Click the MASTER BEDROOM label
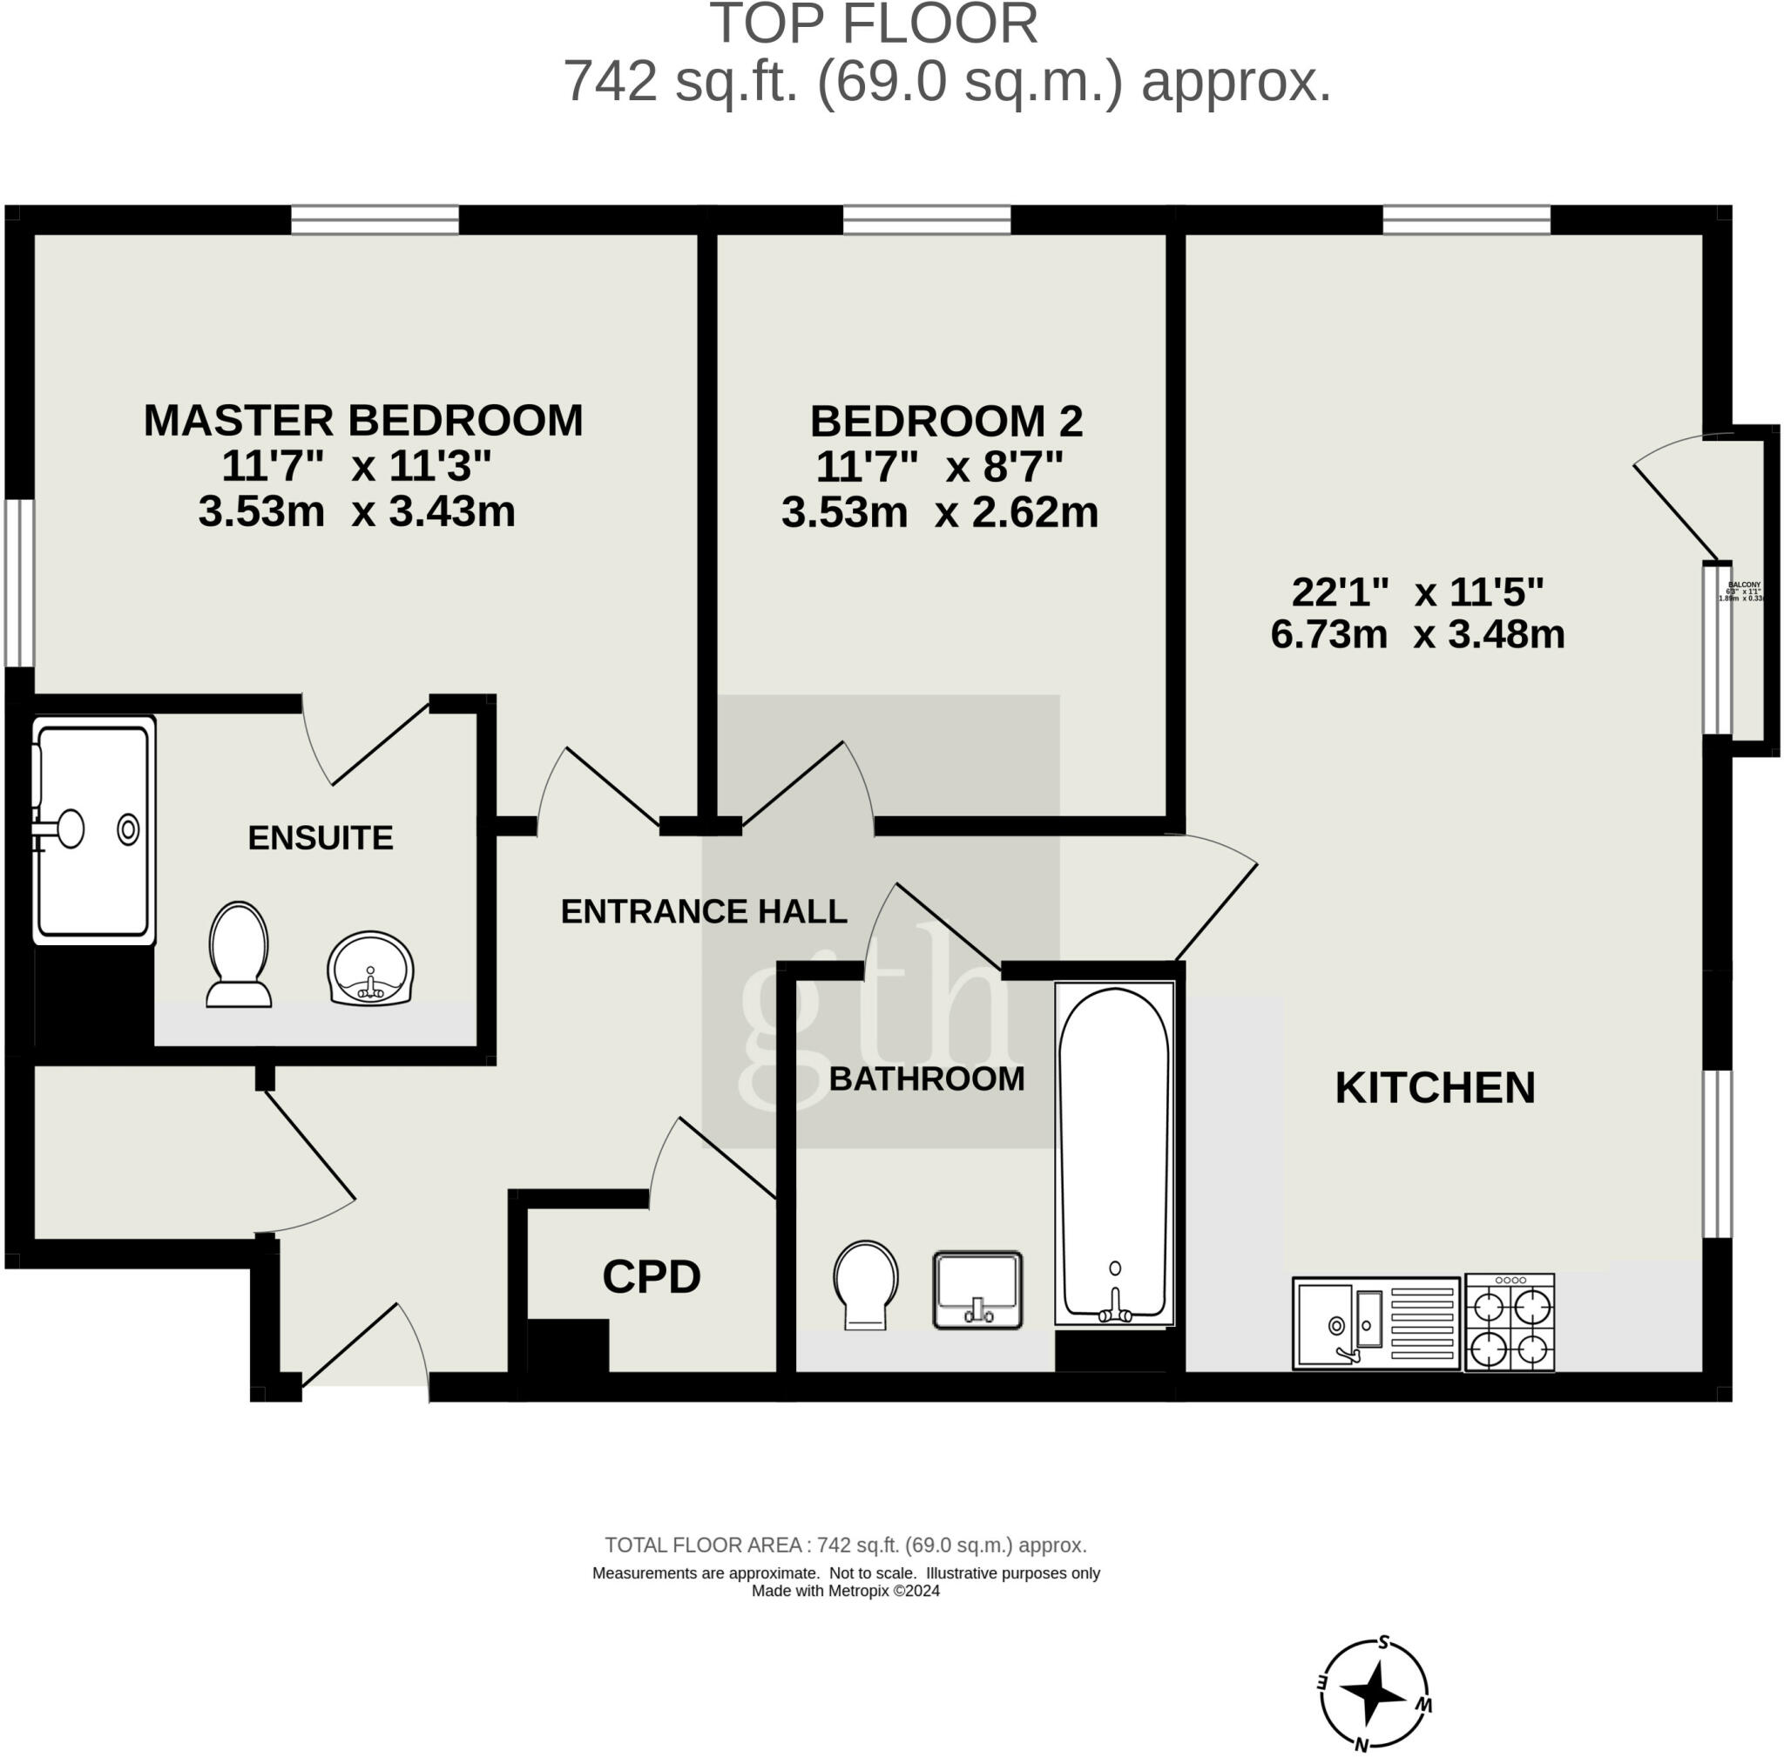(363, 421)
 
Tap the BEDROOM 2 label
(945, 422)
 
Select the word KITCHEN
(1434, 1088)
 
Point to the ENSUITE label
(321, 838)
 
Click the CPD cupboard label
(651, 1278)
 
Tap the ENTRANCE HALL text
(704, 912)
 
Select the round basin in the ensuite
(370, 970)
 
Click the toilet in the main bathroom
(865, 1284)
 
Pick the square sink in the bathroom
(977, 1290)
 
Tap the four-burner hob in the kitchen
(1510, 1322)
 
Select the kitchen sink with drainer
(1375, 1322)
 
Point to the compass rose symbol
(1374, 1694)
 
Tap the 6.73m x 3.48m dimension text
(1416, 635)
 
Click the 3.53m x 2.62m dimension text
(939, 512)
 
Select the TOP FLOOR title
(873, 24)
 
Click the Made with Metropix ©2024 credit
(845, 1591)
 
